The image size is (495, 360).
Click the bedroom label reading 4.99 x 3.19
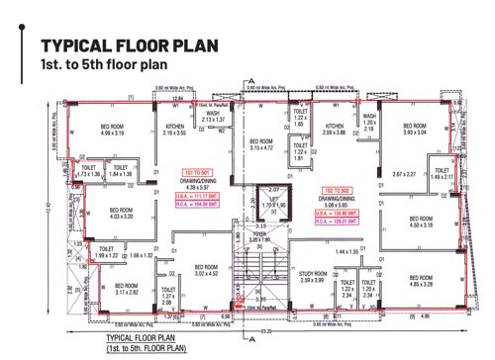[119, 130]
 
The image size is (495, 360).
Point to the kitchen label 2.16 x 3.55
[174, 130]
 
